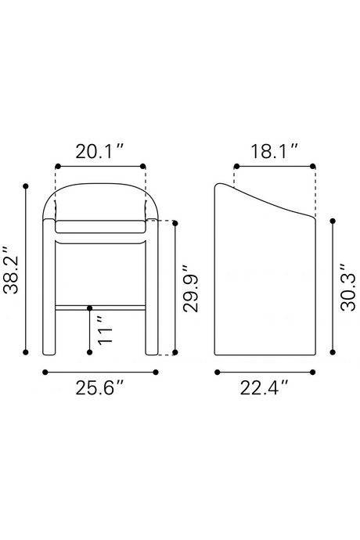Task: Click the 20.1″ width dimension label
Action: (x=99, y=152)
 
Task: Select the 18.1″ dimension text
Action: (x=274, y=152)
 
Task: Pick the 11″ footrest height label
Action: (x=105, y=329)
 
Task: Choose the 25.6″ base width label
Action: (x=99, y=388)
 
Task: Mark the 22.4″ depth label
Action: (x=264, y=388)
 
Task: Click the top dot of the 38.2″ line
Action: (x=26, y=186)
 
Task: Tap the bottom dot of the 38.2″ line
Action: (x=26, y=352)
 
